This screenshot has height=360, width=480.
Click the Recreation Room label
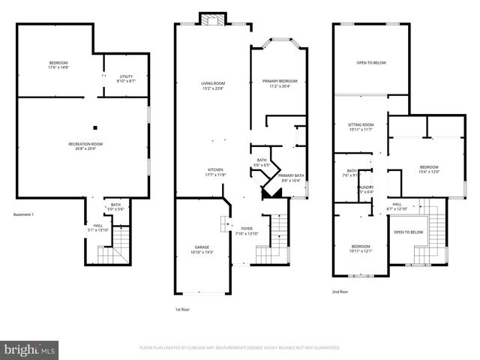click(x=85, y=145)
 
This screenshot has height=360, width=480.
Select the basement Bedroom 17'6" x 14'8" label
click(x=59, y=64)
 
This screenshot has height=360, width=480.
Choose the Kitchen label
click(x=215, y=172)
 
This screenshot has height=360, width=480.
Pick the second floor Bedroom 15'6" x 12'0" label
click(x=428, y=169)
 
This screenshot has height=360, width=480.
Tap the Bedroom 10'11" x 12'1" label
click(x=361, y=248)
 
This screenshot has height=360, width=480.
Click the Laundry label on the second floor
click(x=365, y=189)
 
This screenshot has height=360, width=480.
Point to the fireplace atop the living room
click(x=211, y=19)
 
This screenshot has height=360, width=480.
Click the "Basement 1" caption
click(x=24, y=215)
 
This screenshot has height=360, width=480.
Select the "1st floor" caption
click(x=181, y=309)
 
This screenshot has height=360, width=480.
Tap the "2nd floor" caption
click(x=340, y=292)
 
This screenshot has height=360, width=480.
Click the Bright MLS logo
click(x=30, y=349)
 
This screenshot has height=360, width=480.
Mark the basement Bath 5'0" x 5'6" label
click(x=115, y=207)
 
